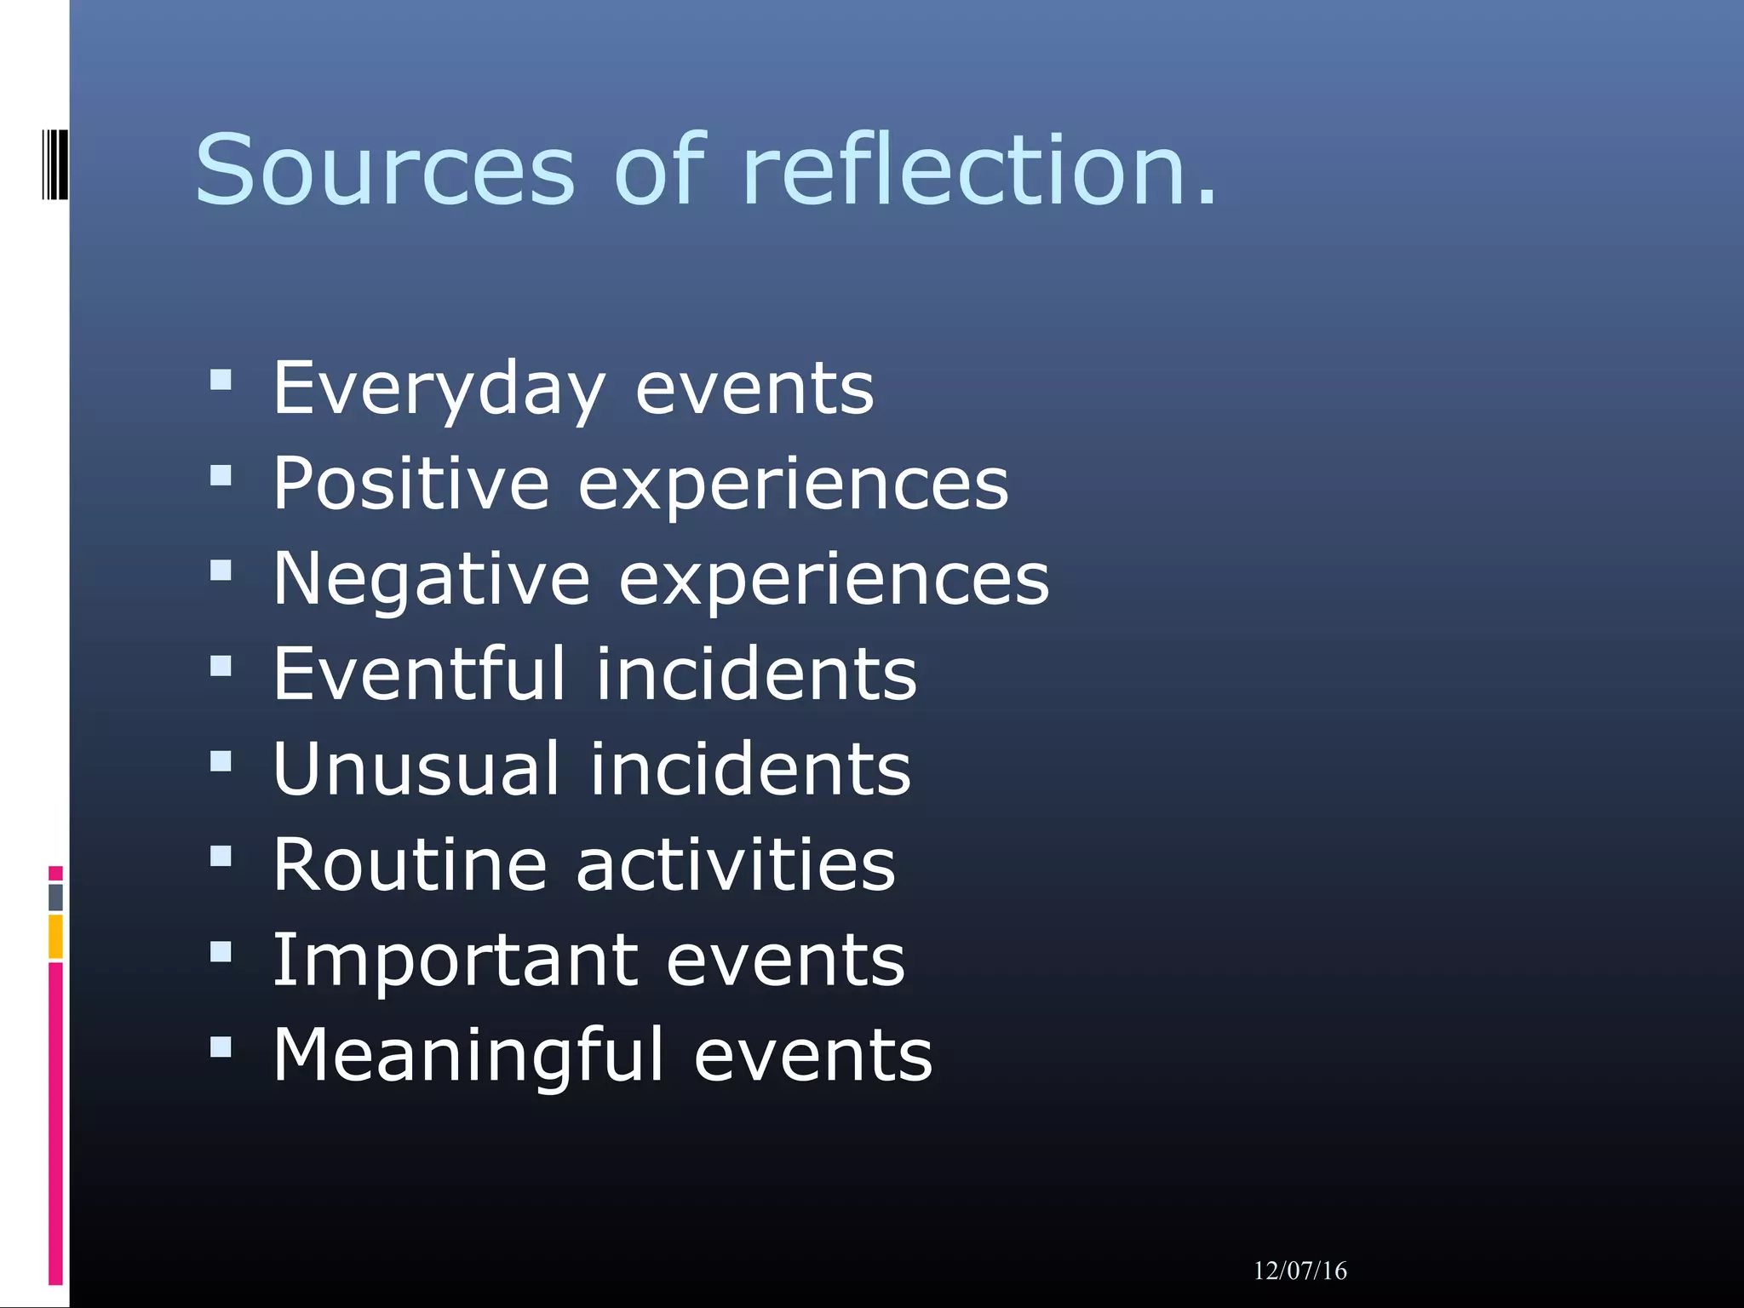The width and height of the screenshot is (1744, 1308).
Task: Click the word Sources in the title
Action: click(385, 170)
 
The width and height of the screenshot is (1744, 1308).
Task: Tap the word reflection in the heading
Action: click(967, 170)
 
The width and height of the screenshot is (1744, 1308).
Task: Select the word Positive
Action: click(410, 484)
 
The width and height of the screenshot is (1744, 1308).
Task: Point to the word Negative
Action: click(431, 579)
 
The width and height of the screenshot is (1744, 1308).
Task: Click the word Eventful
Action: click(418, 674)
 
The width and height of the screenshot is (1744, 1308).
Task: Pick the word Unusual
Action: click(416, 770)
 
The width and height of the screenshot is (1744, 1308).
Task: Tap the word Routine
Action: click(409, 865)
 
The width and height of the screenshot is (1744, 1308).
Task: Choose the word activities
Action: click(736, 865)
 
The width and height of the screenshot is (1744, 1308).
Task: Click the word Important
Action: click(455, 961)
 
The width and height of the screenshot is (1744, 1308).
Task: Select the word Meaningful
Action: click(468, 1056)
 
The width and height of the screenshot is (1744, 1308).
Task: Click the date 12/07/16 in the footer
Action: click(1299, 1271)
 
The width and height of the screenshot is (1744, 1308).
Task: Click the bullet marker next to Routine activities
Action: click(221, 856)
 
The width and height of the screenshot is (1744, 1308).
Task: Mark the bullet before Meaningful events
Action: click(221, 1047)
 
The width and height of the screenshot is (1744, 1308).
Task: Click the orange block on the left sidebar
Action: click(55, 936)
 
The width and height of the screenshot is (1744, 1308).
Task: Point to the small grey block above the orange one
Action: click(55, 897)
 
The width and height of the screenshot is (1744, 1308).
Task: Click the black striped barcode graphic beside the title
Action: click(54, 164)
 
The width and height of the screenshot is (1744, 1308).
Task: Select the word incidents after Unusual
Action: click(750, 770)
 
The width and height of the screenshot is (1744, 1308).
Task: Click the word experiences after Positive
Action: click(793, 484)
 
